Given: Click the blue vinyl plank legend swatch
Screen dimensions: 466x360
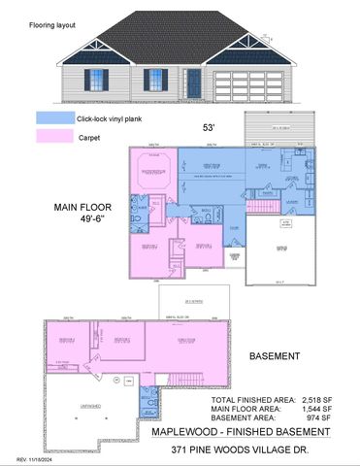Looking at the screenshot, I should click(54, 117).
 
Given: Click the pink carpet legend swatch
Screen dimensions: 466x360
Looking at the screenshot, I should click(54, 137).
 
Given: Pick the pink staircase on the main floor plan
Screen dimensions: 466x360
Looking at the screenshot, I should click(259, 206).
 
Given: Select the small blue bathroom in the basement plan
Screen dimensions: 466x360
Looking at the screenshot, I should click(147, 399).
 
